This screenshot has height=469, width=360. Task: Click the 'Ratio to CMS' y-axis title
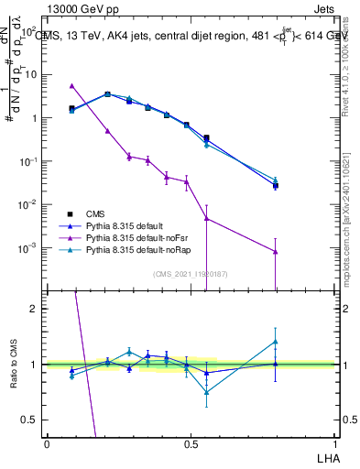coord(13,365)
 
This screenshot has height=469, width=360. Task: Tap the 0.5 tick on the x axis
coord(191,442)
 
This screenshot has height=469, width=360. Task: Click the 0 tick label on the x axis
coord(47,442)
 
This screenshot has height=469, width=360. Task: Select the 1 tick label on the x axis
coord(334,442)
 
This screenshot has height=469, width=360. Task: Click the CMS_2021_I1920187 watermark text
coord(191,273)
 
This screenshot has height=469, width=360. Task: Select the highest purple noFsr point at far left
coord(71,85)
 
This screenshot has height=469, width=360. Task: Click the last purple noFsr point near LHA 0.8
coord(275,252)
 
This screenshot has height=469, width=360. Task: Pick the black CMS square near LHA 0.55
coord(206,138)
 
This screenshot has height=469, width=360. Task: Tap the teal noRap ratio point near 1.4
coord(275,342)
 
